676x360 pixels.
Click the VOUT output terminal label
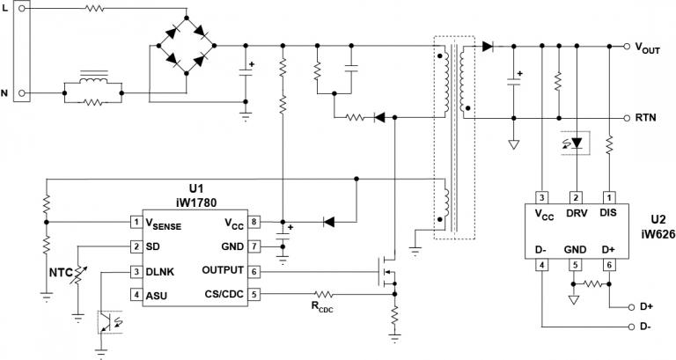[x=650, y=48]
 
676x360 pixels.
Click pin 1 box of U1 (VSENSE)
[x=137, y=222]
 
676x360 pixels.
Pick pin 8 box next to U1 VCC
[x=253, y=222]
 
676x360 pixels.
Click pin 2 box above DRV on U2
[x=577, y=198]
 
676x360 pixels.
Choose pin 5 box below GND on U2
[x=577, y=262]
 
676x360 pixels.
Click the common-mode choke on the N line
[x=92, y=84]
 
